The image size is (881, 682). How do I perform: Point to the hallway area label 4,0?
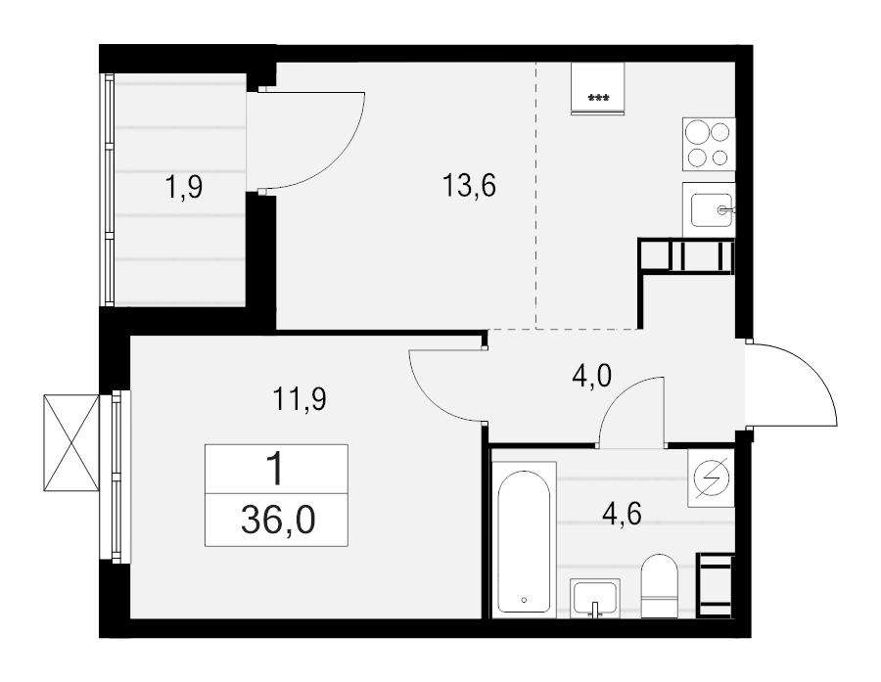pyautogui.click(x=591, y=376)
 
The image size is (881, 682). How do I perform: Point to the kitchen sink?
pyautogui.click(x=711, y=208)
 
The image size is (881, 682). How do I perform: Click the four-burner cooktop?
pyautogui.click(x=709, y=143)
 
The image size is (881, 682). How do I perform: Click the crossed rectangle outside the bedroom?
pyautogui.click(x=72, y=443)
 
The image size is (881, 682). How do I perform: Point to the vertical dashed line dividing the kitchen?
pyautogui.click(x=535, y=196)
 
